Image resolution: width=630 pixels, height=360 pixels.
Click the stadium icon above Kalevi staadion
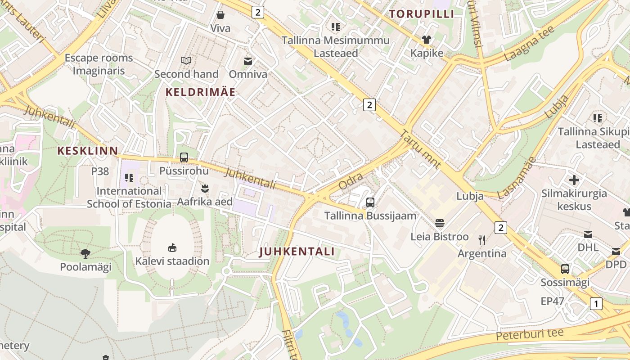click(x=172, y=247)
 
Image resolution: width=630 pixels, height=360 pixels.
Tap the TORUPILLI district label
click(x=422, y=14)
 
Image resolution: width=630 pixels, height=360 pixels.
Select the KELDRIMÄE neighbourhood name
click(x=200, y=92)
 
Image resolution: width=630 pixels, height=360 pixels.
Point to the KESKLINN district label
click(x=88, y=151)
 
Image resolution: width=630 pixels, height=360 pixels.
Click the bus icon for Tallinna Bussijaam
click(x=370, y=202)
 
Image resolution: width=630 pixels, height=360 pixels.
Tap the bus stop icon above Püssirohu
click(x=184, y=157)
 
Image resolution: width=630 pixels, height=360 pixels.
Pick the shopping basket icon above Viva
click(x=220, y=15)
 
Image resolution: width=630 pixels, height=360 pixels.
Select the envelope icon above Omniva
click(x=248, y=61)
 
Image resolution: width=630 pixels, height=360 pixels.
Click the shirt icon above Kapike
click(x=427, y=40)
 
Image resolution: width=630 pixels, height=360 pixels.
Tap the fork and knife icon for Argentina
click(x=482, y=240)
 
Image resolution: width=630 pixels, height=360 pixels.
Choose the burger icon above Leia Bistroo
click(x=440, y=223)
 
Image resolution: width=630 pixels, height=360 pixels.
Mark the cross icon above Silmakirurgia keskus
click(x=574, y=180)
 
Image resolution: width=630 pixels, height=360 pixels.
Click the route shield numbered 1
click(x=596, y=304)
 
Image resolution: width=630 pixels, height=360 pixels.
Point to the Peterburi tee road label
click(x=530, y=334)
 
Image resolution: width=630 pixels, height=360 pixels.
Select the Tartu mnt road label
click(x=420, y=149)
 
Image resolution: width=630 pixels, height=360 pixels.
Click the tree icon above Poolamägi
click(x=85, y=254)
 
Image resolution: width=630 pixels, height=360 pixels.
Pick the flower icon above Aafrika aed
click(x=205, y=188)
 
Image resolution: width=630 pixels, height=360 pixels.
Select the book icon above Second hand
click(x=186, y=60)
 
